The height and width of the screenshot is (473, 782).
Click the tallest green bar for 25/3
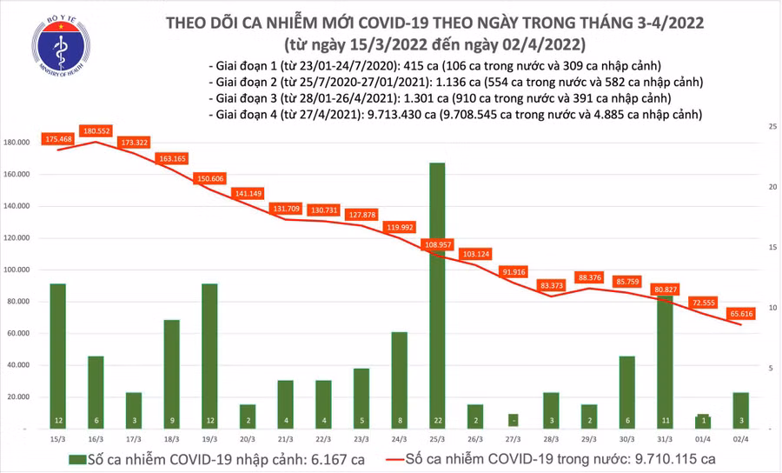[437, 296]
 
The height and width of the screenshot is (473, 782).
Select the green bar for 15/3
[57, 356]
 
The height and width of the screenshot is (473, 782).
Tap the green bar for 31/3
[665, 361]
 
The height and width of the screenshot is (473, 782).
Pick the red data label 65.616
[740, 314]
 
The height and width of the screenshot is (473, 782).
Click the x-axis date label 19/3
[209, 440]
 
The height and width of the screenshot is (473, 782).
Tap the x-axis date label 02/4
[740, 440]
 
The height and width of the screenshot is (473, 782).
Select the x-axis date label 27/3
[513, 440]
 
